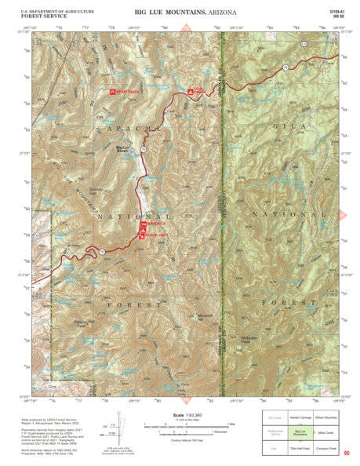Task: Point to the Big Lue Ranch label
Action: click(x=124, y=148)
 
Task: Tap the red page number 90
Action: click(x=346, y=453)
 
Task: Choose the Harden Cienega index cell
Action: click(x=300, y=417)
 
